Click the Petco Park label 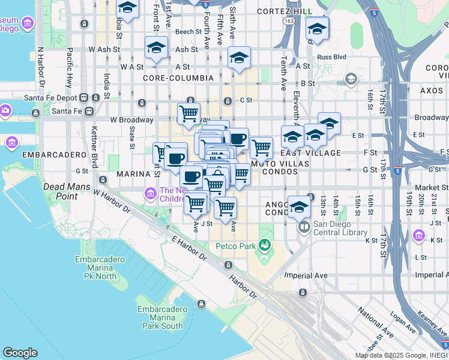[x=237, y=245]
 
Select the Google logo [x=20, y=353]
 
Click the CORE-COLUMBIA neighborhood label [x=178, y=78]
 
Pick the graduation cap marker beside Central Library [x=299, y=206]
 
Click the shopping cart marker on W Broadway [x=188, y=112]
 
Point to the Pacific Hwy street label [x=70, y=61]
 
